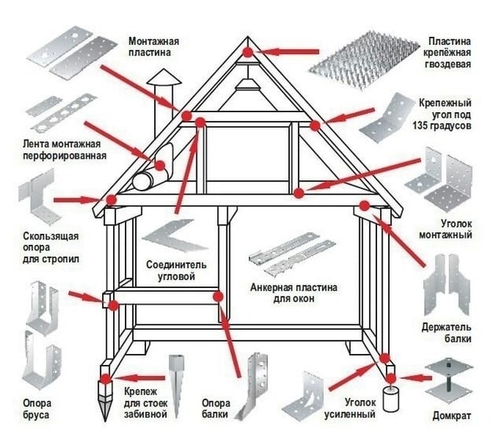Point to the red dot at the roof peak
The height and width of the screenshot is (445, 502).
[x=248, y=53]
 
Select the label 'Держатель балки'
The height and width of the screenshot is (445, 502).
[x=451, y=333]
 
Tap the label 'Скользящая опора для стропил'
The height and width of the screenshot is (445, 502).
[x=44, y=246]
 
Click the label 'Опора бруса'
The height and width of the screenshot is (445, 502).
[x=37, y=410]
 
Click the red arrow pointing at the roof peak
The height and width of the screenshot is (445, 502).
[x=286, y=53]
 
